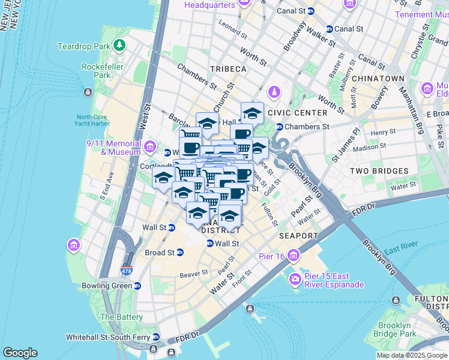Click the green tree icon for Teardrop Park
pos(120,46)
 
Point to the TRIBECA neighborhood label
pos(228,69)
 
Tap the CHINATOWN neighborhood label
pos(378,79)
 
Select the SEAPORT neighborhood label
pos(298,236)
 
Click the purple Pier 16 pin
pos(294,257)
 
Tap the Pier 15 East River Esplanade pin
pos(295,279)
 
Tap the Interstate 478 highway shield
pos(127,270)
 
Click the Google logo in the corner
pos(20,353)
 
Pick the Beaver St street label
pos(193,274)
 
